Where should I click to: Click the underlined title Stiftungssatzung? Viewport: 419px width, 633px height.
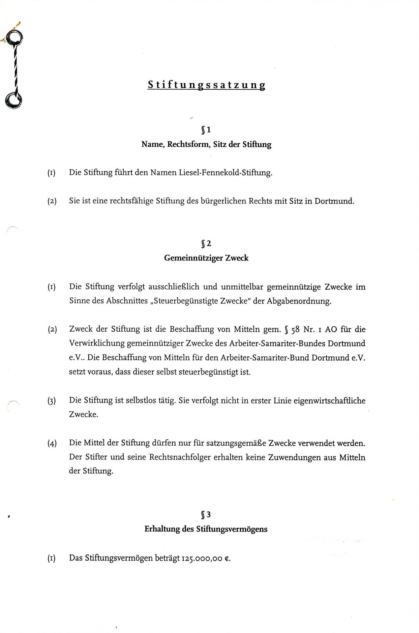[x=206, y=85]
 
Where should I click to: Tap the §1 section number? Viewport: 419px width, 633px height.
[x=206, y=130]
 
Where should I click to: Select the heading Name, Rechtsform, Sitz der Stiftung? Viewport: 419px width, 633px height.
[x=206, y=144]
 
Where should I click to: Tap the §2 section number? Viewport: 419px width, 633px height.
[x=206, y=244]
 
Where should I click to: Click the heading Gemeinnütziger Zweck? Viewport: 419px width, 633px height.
[x=206, y=258]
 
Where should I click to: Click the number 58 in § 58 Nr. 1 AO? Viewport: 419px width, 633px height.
[x=295, y=329]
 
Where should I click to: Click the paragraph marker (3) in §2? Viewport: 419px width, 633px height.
[x=51, y=401]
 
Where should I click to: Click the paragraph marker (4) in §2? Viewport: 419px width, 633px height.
[x=52, y=443]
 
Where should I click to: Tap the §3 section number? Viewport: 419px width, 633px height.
[x=206, y=515]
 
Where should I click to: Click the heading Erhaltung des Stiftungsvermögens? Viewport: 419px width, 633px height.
[x=206, y=529]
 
